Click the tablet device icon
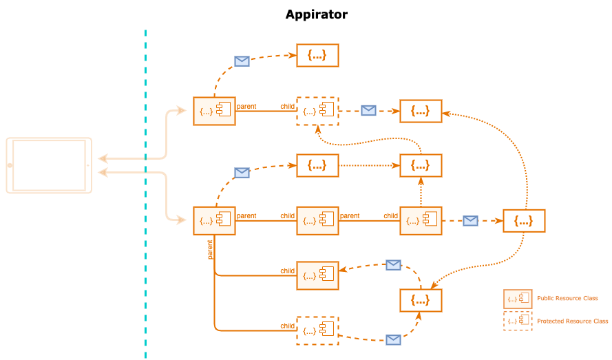pos(49,165)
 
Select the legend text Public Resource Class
pos(567,298)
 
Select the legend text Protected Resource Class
pos(572,321)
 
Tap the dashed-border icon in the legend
pos(518,321)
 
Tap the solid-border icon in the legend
pos(518,298)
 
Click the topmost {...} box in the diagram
pos(317,55)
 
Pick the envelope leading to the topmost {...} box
pos(242,61)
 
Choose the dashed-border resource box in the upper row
pos(317,111)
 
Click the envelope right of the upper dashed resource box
pos(368,110)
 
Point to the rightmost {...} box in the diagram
pos(524,220)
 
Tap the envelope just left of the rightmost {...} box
pos(470,221)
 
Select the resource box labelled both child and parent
pos(317,220)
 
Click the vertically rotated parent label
pos(210,249)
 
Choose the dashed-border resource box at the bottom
pos(317,330)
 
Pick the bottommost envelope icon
pos(393,339)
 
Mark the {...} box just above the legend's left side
pos(421,300)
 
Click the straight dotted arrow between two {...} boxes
pos(369,165)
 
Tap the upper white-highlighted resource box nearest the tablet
pos(214,111)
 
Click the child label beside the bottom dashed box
pos(287,326)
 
